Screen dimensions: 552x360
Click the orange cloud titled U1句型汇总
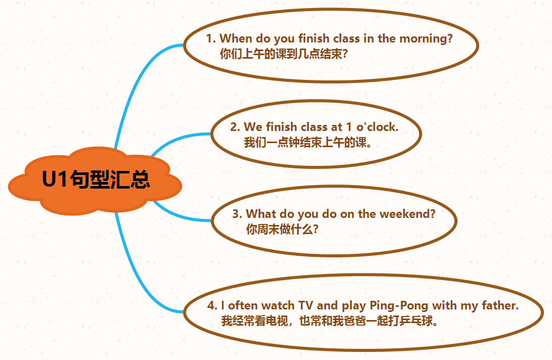95,181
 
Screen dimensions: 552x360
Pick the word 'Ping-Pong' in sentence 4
398,306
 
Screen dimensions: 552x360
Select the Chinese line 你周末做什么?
283,230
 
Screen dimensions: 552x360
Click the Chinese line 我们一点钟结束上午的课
308,142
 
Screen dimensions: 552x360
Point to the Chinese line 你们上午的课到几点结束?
284,54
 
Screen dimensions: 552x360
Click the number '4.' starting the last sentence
212,305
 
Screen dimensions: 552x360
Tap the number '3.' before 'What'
237,214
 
